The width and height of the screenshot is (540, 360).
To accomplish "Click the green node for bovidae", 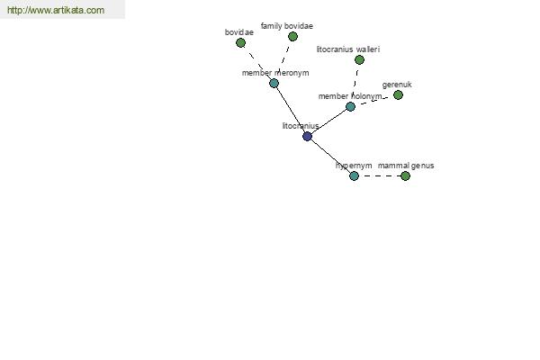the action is point(240,42).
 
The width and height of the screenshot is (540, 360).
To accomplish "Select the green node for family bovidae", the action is point(292,36).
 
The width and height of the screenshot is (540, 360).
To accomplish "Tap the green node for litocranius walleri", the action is point(359,60).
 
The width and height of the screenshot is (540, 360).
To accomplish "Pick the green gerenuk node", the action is point(398,94).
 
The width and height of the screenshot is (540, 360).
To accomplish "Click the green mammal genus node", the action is point(405,176).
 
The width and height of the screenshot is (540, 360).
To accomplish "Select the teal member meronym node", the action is point(274,83).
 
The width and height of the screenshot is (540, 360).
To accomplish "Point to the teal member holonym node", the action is point(350,106).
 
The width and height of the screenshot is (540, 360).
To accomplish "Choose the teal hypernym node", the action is point(354,176).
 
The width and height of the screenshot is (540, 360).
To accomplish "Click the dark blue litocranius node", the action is point(307,137).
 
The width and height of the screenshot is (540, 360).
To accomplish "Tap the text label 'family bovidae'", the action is point(287,26).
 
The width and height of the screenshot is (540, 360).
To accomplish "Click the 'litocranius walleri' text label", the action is point(348,49).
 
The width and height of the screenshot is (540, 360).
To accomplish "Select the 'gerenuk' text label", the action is point(397,85).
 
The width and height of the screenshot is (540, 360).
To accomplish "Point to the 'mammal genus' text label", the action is point(406,166).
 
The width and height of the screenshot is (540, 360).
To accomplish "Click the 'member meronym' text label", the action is point(275,73).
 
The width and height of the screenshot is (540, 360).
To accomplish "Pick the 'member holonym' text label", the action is point(350,96).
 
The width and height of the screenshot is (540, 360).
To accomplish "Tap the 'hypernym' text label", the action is point(354,166).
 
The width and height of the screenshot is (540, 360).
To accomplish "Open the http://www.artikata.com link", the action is point(56,10).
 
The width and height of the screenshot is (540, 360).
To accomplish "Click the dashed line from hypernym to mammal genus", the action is point(380,176).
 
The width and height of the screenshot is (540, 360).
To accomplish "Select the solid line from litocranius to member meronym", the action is point(291,110).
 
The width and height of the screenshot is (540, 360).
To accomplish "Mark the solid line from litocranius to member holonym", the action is point(328,121).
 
